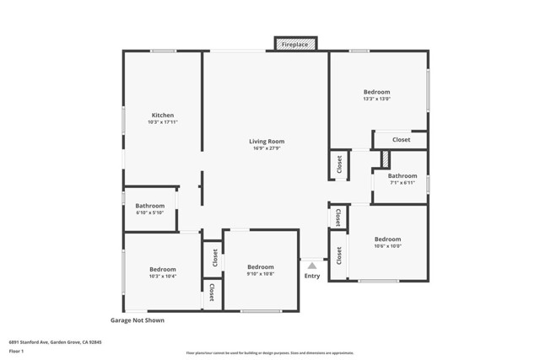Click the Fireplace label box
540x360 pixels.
[x=295, y=43]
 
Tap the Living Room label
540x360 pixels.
[x=267, y=142]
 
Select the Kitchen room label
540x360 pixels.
[x=163, y=116]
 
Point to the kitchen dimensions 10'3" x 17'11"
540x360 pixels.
[x=163, y=122]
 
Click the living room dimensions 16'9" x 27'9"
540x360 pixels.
[x=267, y=148]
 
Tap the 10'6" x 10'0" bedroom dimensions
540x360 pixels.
[x=388, y=246]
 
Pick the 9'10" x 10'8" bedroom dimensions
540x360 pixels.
[x=261, y=274]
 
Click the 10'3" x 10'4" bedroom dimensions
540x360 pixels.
[x=163, y=277]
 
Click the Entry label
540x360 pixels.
[x=312, y=276]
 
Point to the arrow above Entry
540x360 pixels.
[x=312, y=265]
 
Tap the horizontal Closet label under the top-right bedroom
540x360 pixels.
[x=402, y=140]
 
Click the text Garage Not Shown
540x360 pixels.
[x=138, y=320]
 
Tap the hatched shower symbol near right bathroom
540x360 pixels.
[x=386, y=158]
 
